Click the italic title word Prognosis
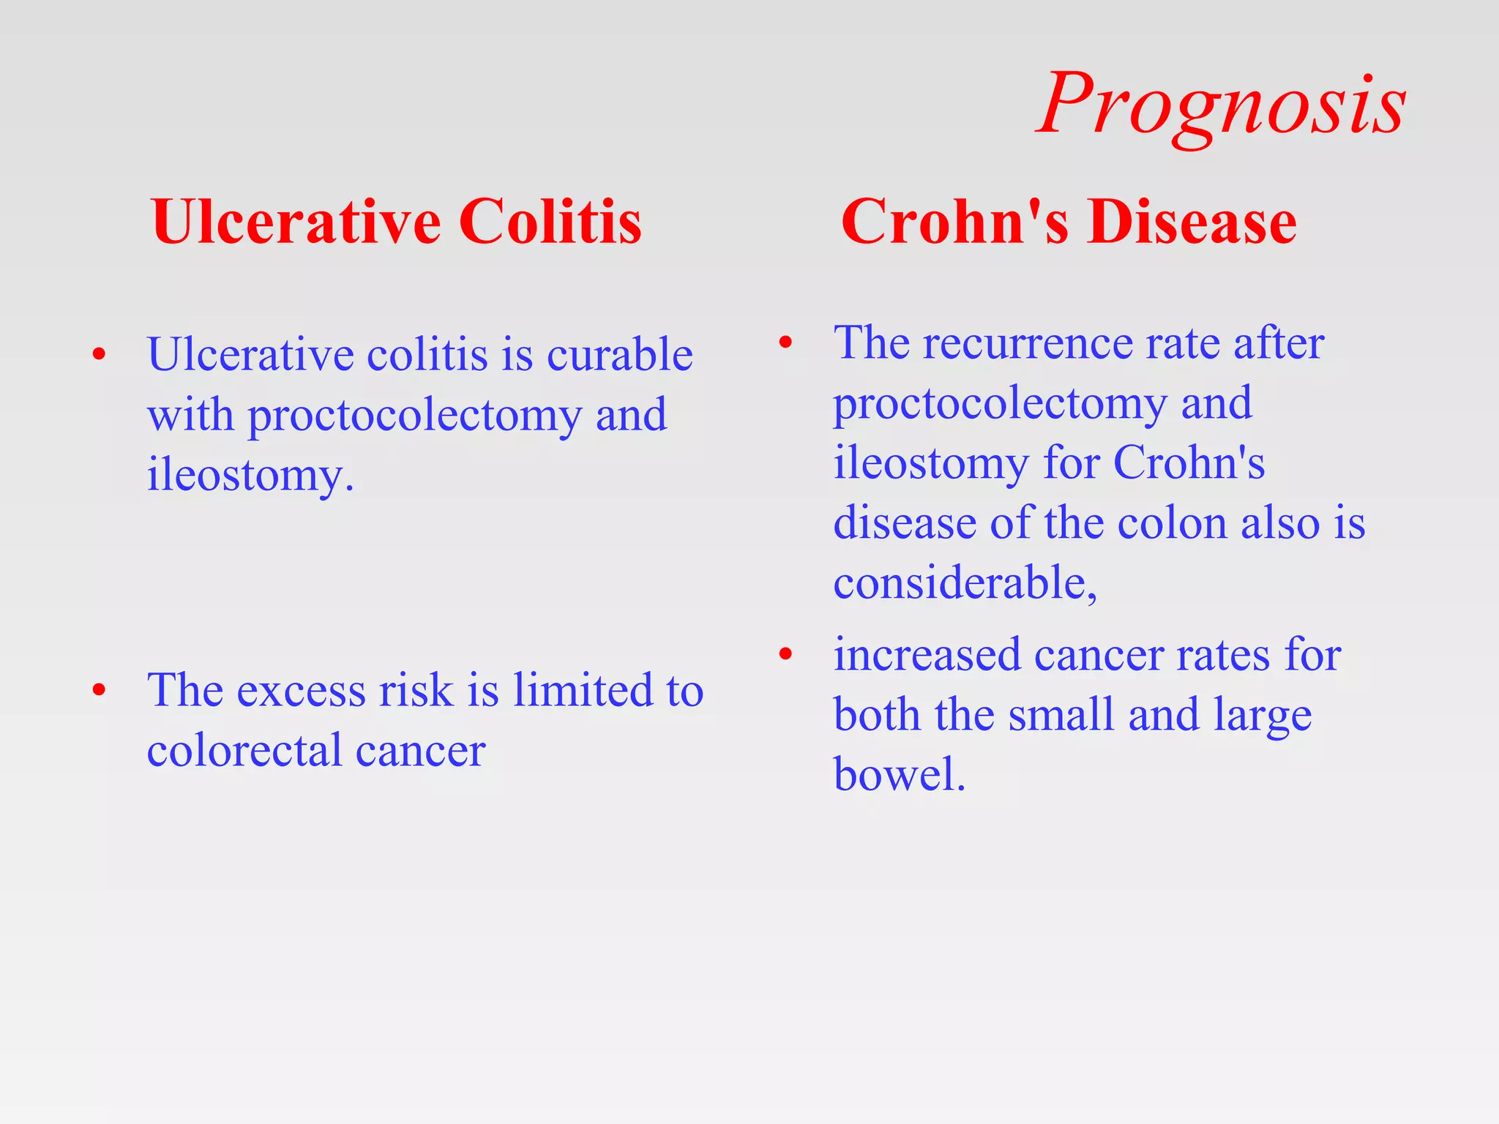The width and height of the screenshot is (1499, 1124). tap(1221, 106)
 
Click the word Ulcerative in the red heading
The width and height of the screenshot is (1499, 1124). tap(296, 222)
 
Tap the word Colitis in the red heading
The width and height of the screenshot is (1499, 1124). tap(550, 222)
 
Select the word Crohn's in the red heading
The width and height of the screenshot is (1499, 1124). tap(954, 222)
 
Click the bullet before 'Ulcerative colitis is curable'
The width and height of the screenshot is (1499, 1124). tap(100, 356)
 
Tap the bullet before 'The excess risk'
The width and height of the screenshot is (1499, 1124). tap(100, 690)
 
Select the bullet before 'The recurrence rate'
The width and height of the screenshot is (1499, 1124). tap(785, 342)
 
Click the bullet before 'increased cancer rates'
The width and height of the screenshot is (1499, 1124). tap(785, 654)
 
